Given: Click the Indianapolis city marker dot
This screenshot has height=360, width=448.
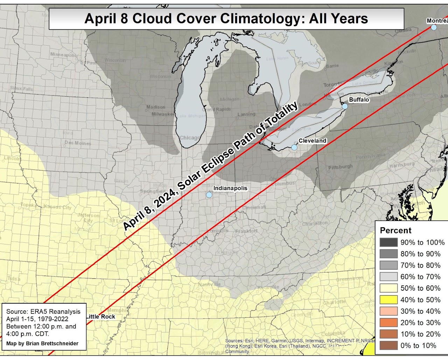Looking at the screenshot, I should coord(209,195).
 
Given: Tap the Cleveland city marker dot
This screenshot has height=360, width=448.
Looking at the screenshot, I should coord(294,147).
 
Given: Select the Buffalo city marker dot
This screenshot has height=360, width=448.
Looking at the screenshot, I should coord(345,106).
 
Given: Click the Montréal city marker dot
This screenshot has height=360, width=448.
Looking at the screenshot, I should coord(434,27).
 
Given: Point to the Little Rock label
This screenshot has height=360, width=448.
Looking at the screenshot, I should coord(101,317).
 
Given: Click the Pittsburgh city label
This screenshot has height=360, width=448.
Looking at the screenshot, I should coord(340,167).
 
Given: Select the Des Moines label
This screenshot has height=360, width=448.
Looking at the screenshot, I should coord(78,143).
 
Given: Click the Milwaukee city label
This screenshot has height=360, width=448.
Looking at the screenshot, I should coord(163,114).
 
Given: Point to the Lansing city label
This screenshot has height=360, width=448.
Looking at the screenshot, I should coord(246,114).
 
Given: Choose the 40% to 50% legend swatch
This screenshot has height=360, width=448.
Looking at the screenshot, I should coord(388,300).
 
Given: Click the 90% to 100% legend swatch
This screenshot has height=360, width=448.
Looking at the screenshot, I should coord(388,242).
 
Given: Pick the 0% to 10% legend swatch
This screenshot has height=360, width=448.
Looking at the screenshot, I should coord(388,346).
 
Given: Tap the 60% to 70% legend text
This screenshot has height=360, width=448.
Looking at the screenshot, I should coord(420,277).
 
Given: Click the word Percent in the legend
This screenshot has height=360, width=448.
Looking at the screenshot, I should coord(395,230).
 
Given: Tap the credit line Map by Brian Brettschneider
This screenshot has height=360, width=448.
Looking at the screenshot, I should coord(42,344).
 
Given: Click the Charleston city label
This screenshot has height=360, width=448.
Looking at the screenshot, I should coord(315,223).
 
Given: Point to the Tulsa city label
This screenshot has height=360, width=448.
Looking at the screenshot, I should coord(14,279).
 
